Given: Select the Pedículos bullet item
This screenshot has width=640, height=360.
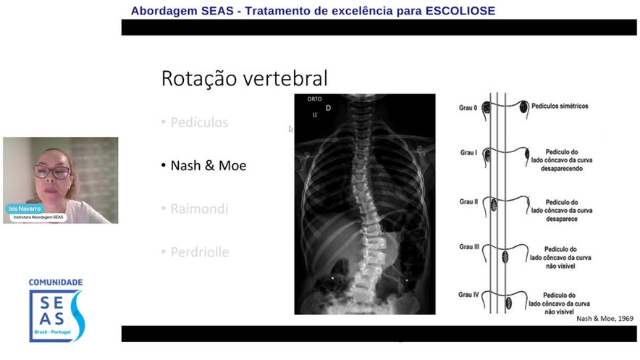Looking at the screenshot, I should coord(199,122).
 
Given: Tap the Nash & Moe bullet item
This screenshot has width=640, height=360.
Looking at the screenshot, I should coord(208,166).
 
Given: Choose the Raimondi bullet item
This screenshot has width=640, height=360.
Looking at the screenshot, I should coord(199,209).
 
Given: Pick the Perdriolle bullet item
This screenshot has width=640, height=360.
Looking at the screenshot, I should coord(200,252).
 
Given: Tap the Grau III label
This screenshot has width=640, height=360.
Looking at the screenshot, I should coord(470,247).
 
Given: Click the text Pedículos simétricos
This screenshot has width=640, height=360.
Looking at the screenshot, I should coord(559,106).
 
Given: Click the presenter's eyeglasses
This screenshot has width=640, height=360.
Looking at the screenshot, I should coord(53,172).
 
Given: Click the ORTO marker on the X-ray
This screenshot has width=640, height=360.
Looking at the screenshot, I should coord(314,99).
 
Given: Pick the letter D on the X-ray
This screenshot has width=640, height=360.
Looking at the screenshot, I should coord(328,109).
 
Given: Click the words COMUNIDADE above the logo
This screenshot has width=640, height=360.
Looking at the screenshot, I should coord(56,282).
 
